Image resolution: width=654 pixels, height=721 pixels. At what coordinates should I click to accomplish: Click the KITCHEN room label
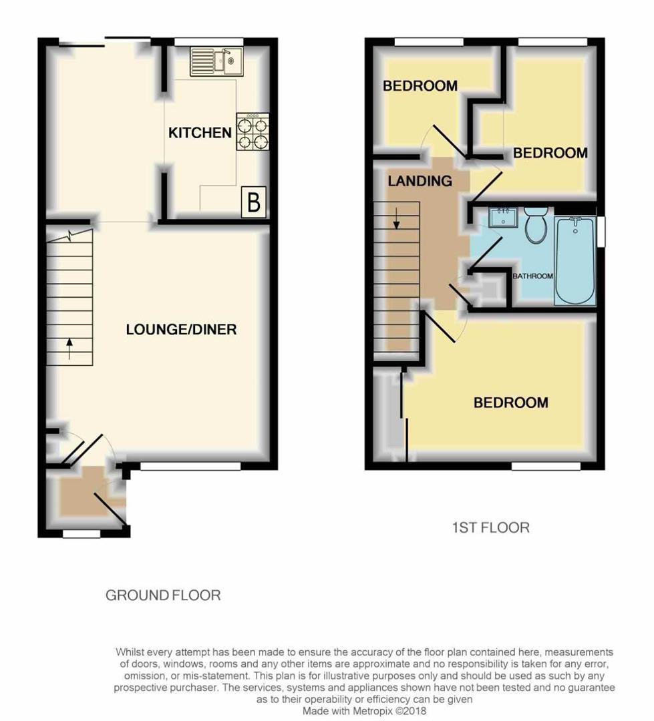click(x=200, y=133)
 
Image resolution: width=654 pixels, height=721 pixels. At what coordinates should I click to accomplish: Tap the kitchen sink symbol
click(x=218, y=61)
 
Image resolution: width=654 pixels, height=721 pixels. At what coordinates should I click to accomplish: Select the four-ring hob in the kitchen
click(x=253, y=132)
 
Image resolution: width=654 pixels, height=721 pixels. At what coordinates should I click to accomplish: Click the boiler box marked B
click(x=254, y=202)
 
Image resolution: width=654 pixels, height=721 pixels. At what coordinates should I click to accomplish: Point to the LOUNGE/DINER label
click(x=181, y=329)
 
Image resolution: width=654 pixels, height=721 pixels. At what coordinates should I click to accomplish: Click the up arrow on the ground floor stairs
click(x=69, y=347)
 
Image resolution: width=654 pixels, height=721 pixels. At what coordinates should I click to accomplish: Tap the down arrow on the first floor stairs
click(x=396, y=218)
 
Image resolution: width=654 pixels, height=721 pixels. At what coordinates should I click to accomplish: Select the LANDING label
click(x=420, y=181)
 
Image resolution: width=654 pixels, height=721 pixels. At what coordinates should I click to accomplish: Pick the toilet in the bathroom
click(x=535, y=226)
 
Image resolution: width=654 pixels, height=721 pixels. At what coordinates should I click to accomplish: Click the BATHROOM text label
click(x=532, y=276)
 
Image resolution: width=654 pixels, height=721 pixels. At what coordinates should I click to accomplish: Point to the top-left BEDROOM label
click(x=420, y=85)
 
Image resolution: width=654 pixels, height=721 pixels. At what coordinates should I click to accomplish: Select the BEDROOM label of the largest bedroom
click(x=510, y=403)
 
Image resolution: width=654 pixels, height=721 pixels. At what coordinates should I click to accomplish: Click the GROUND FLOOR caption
click(x=163, y=595)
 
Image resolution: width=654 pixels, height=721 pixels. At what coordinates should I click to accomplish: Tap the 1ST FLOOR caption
click(x=490, y=527)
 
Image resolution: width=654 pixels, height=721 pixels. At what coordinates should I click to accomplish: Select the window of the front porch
click(x=81, y=534)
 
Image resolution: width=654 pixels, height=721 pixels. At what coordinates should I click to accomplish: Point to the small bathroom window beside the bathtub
click(x=601, y=232)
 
